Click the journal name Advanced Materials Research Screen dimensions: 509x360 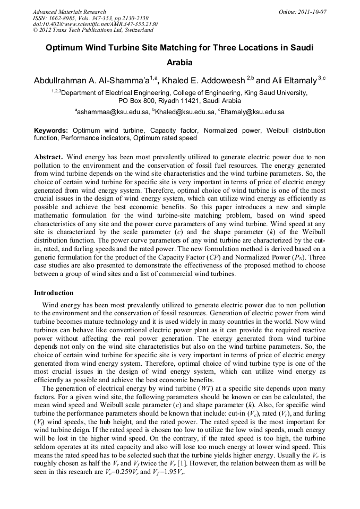[70, 12]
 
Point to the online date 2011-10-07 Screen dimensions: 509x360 [313, 12]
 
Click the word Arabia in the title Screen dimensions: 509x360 [179, 62]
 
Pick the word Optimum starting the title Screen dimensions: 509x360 [63, 47]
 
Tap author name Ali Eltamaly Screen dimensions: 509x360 [294, 80]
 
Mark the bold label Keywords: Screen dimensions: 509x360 [51, 131]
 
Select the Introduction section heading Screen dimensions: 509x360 [54, 292]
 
